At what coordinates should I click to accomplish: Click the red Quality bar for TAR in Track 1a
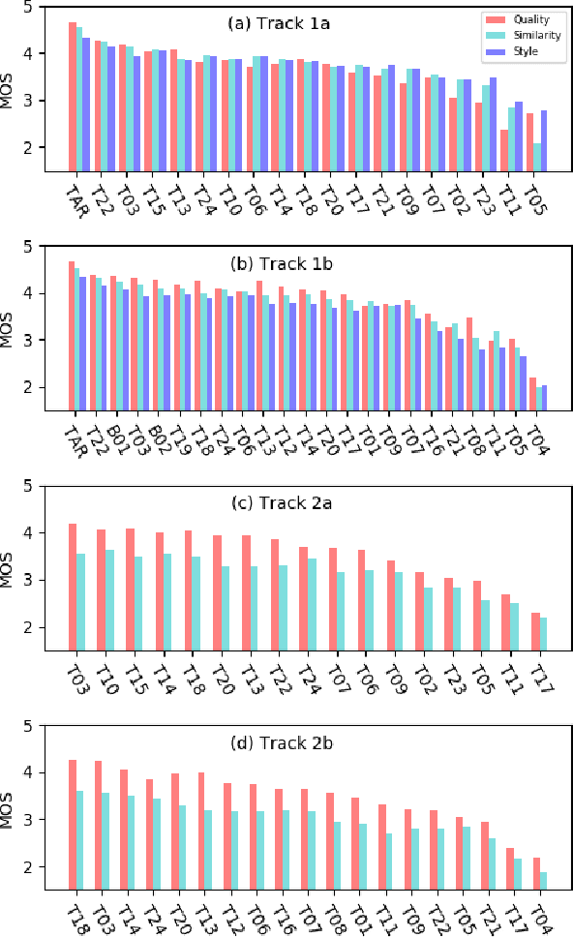click(73, 97)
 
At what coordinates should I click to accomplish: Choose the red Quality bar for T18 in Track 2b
click(73, 825)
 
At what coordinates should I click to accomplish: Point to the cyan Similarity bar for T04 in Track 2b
click(543, 881)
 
